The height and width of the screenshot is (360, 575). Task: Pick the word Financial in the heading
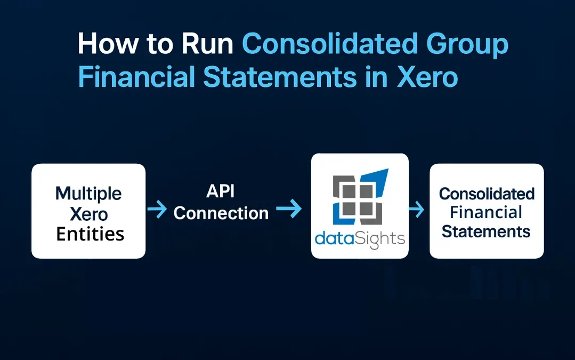(x=136, y=77)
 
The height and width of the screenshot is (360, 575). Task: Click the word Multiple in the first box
(x=88, y=193)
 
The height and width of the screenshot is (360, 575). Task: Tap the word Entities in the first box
(x=90, y=234)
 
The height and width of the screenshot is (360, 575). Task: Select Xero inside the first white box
(x=88, y=214)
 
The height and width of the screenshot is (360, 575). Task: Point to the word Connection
(x=221, y=213)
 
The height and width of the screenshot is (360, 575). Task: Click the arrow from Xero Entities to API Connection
(x=157, y=210)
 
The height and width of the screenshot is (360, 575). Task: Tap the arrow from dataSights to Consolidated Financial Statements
(x=416, y=210)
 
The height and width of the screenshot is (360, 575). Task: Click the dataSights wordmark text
(x=360, y=238)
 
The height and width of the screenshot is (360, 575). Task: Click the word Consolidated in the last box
(x=487, y=194)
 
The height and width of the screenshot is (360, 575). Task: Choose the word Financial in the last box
(x=486, y=212)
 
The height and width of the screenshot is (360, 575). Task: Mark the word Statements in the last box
(x=486, y=231)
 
